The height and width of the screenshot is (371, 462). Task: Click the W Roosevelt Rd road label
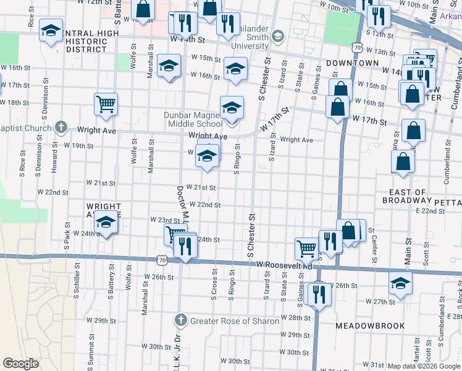point(284,265)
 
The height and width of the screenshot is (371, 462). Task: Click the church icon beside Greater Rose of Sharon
point(180,320)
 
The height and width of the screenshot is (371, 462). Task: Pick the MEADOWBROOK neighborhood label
point(370,325)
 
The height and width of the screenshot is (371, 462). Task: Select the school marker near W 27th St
point(400,284)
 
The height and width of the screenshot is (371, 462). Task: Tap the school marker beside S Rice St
point(51,30)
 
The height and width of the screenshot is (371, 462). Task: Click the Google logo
point(20,364)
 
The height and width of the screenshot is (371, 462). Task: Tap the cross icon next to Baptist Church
point(61,127)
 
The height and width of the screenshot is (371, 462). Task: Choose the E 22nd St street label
point(430,211)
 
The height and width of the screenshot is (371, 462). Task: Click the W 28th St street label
point(295,317)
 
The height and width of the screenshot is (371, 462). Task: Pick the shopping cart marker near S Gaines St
point(306,248)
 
